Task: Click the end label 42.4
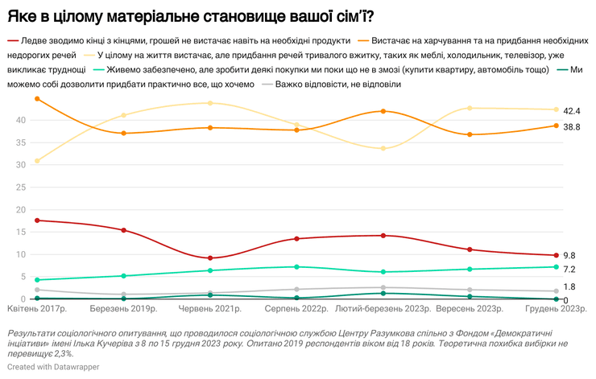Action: (572, 110)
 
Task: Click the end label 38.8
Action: (572, 126)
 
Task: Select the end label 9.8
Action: (569, 254)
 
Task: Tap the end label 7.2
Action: (569, 270)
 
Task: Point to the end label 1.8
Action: (569, 286)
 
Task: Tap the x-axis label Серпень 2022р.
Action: (296, 309)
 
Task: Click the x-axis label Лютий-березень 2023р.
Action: (383, 309)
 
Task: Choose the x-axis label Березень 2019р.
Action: (123, 309)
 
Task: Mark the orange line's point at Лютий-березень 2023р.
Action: (383, 111)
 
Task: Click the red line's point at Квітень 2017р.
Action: (37, 220)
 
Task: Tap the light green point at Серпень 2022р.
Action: (296, 266)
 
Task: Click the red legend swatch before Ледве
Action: (13, 40)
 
